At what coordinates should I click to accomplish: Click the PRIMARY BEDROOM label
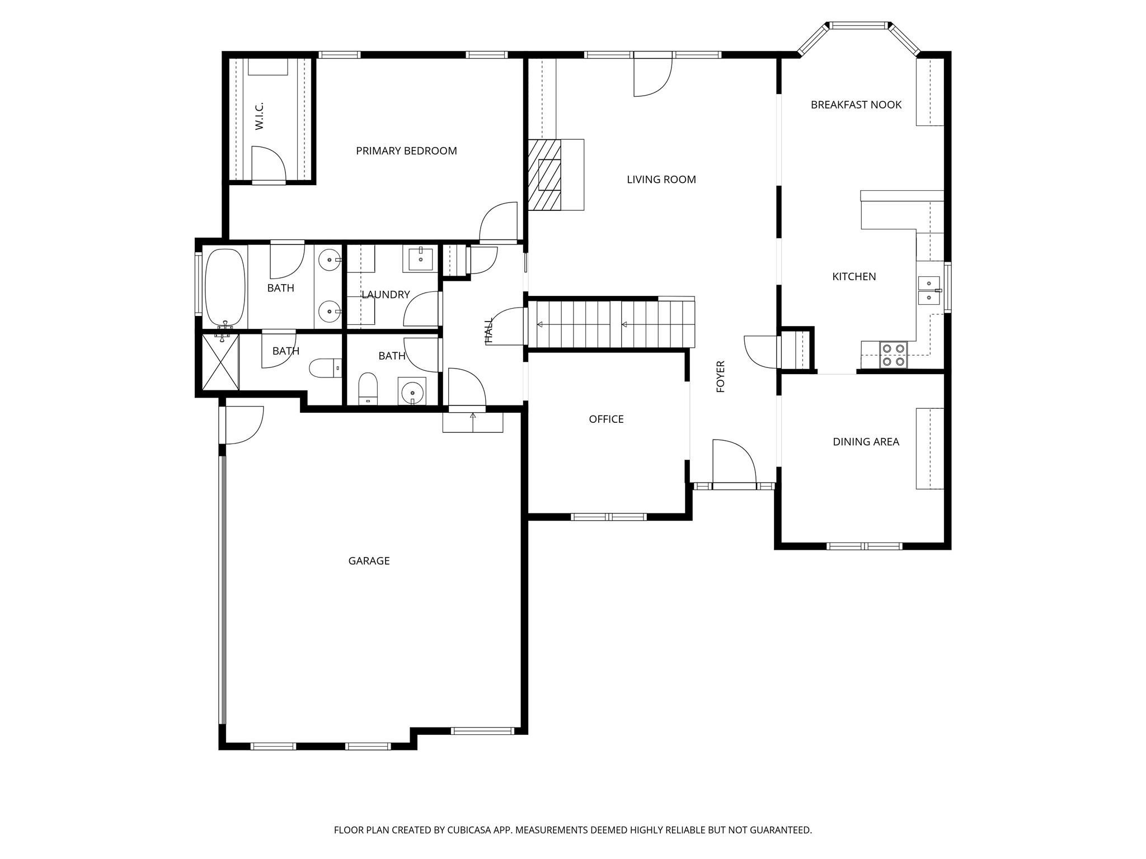click(406, 151)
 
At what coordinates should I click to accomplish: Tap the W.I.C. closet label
click(260, 116)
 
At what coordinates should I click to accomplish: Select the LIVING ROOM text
click(661, 180)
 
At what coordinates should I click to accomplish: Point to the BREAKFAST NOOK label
click(856, 105)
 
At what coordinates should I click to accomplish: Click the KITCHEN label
click(854, 276)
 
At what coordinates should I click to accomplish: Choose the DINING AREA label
click(866, 442)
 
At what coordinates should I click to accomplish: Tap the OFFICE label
click(606, 419)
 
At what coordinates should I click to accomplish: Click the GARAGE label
click(369, 561)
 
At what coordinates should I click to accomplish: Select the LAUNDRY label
click(386, 295)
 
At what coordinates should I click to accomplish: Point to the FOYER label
click(721, 376)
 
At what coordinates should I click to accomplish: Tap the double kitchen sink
click(929, 290)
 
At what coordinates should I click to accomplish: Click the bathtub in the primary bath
click(226, 287)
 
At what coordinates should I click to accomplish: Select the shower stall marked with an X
click(220, 362)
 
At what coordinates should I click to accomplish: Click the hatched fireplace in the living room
click(544, 175)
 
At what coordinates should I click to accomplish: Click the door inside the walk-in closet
click(268, 164)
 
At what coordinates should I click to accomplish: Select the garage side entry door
click(242, 425)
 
